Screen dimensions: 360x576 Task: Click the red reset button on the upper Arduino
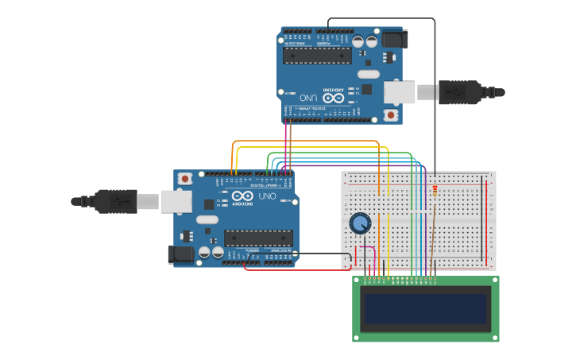pyautogui.click(x=390, y=115)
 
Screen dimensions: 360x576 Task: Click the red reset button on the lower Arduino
pyautogui.click(x=185, y=179)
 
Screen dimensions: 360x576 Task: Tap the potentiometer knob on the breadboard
pyautogui.click(x=360, y=223)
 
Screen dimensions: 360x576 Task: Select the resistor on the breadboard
pyautogui.click(x=435, y=189)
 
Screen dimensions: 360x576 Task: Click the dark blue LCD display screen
pyautogui.click(x=426, y=308)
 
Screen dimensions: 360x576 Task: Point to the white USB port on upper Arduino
pyautogui.click(x=400, y=92)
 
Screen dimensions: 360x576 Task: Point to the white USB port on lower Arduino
pyautogui.click(x=176, y=202)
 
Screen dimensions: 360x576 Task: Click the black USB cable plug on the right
pyautogui.click(x=461, y=92)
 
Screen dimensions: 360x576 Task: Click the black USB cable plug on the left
pyautogui.click(x=115, y=202)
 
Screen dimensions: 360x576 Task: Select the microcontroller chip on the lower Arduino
pyautogui.click(x=258, y=238)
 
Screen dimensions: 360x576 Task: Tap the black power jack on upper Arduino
pyautogui.click(x=394, y=38)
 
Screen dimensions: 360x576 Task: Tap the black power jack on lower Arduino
pyautogui.click(x=181, y=254)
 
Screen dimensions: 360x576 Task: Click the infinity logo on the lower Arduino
pyautogui.click(x=242, y=196)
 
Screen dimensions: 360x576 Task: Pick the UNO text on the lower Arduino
pyautogui.click(x=267, y=196)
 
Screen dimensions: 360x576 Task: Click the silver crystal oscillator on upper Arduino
pyautogui.click(x=368, y=74)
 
